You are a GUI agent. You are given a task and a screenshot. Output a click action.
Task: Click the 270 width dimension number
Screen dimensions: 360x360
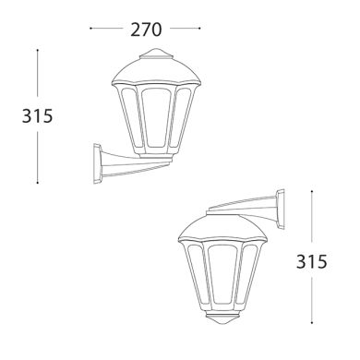click(x=148, y=30)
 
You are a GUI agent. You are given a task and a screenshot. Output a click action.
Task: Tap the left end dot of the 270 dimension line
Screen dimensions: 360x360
click(x=90, y=30)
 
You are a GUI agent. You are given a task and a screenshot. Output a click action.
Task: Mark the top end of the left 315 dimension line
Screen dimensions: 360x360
click(x=36, y=51)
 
